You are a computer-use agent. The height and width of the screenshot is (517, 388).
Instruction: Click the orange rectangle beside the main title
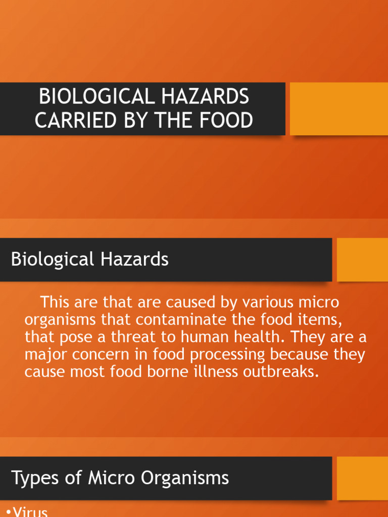pyautogui.click(x=338, y=109)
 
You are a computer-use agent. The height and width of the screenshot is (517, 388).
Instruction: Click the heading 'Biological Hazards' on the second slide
pyautogui.click(x=90, y=260)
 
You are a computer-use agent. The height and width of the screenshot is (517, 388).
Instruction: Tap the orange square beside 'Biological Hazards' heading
pyautogui.click(x=362, y=260)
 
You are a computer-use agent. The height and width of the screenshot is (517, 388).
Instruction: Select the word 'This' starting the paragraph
pyautogui.click(x=57, y=303)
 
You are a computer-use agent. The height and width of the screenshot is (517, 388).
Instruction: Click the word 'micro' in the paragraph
pyautogui.click(x=319, y=303)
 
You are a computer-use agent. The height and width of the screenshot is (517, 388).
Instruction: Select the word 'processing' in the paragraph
pyautogui.click(x=224, y=355)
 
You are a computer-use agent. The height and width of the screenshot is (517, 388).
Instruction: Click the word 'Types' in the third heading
pyautogui.click(x=33, y=478)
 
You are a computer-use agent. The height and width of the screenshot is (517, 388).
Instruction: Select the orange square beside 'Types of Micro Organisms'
pyautogui.click(x=362, y=478)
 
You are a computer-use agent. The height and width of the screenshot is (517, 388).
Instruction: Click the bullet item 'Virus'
pyautogui.click(x=30, y=511)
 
